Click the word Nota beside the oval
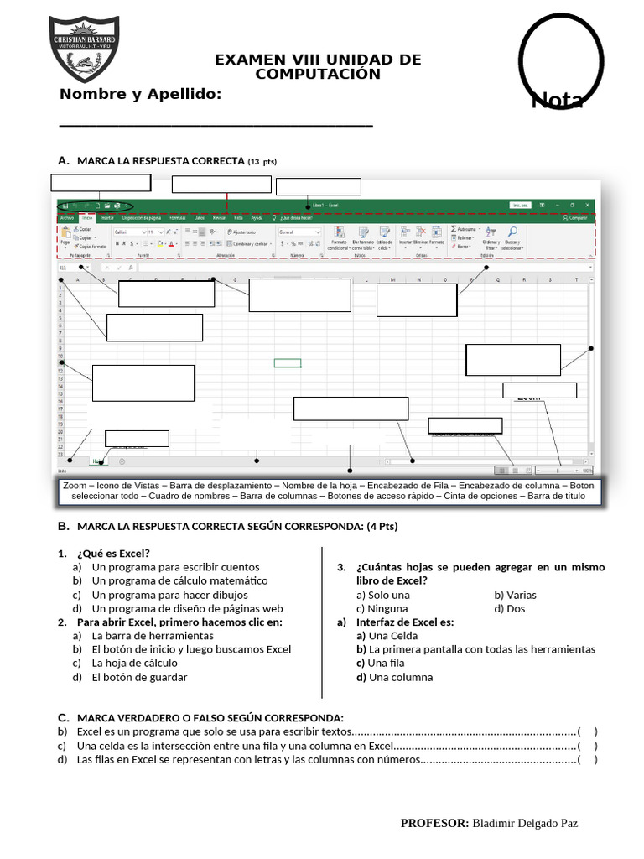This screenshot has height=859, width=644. [x=558, y=101]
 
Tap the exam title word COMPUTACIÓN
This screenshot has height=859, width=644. [x=318, y=74]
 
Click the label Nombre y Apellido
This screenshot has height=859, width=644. [x=140, y=93]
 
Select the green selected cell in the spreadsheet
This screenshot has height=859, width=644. [x=288, y=363]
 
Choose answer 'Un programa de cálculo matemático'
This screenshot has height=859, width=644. [x=179, y=580]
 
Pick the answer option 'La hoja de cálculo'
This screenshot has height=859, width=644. [x=134, y=663]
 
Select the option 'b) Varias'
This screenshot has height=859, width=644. [x=515, y=595]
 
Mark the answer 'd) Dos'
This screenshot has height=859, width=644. [x=509, y=608]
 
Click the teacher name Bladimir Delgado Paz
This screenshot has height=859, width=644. [x=525, y=824]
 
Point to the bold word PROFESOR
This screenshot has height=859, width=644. [x=434, y=824]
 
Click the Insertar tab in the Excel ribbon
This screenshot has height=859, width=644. [x=107, y=217]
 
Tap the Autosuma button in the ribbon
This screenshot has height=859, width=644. [x=465, y=228]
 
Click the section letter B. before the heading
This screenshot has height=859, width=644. [x=63, y=526]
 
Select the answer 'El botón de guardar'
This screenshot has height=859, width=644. [x=139, y=677]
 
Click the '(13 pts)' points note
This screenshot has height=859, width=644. [x=262, y=161]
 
